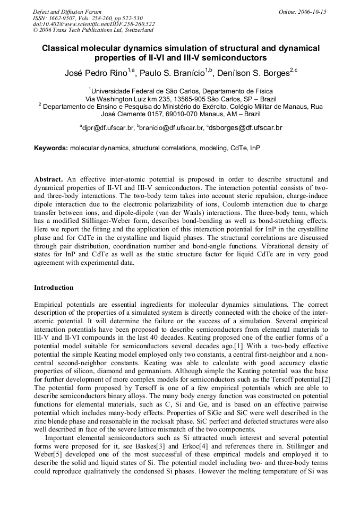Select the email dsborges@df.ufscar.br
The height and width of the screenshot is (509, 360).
tap(246, 128)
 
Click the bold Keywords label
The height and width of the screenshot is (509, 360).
tap(51, 148)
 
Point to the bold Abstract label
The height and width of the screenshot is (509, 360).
tap(48, 179)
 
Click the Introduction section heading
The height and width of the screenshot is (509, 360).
tap(54, 288)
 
